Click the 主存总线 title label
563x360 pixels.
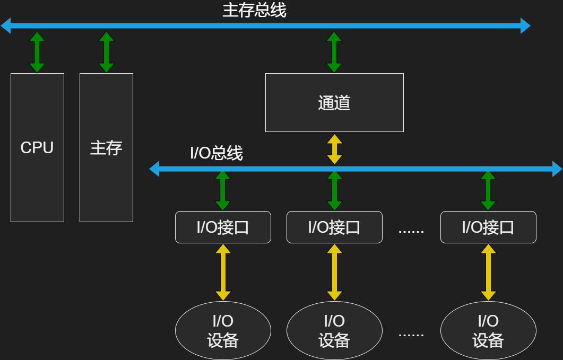coord(254,10)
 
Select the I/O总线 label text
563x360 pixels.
coord(216,153)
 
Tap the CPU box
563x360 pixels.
coord(37,147)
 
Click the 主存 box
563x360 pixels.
coord(106,147)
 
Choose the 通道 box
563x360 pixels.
coord(334,102)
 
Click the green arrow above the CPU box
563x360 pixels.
coord(37,52)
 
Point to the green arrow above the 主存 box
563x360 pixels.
coord(106,52)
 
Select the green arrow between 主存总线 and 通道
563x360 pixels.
coord(334,52)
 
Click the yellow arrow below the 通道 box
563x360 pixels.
coord(334,148)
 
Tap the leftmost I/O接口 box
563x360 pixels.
coord(223,227)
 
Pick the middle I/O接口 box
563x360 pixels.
coord(334,227)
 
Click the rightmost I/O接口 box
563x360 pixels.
coord(488,227)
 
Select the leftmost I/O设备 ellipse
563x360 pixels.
coord(223,330)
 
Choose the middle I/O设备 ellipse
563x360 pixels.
coord(334,330)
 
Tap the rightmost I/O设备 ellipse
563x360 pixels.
coord(488,330)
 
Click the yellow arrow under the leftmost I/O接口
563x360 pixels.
coord(223,272)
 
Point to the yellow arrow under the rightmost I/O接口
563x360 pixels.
coord(488,272)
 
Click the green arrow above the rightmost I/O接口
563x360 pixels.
coord(488,190)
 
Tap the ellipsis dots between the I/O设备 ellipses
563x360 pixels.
coord(411,334)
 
